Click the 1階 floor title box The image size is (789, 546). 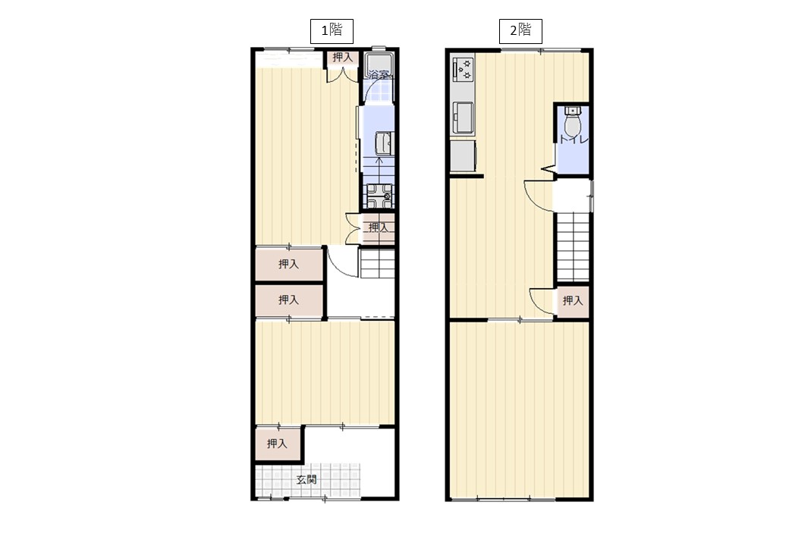[331, 31]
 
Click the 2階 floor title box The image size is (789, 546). [520, 31]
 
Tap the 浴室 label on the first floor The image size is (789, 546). [379, 75]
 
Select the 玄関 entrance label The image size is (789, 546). [306, 479]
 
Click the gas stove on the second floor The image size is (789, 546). [464, 69]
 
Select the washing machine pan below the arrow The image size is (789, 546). [379, 196]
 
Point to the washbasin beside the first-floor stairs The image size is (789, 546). [384, 143]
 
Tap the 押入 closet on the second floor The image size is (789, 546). [572, 300]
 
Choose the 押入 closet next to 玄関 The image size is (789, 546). [278, 444]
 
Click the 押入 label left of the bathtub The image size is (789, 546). [342, 58]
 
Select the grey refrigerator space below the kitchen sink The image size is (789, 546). [464, 156]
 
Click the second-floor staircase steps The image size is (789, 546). [573, 246]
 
